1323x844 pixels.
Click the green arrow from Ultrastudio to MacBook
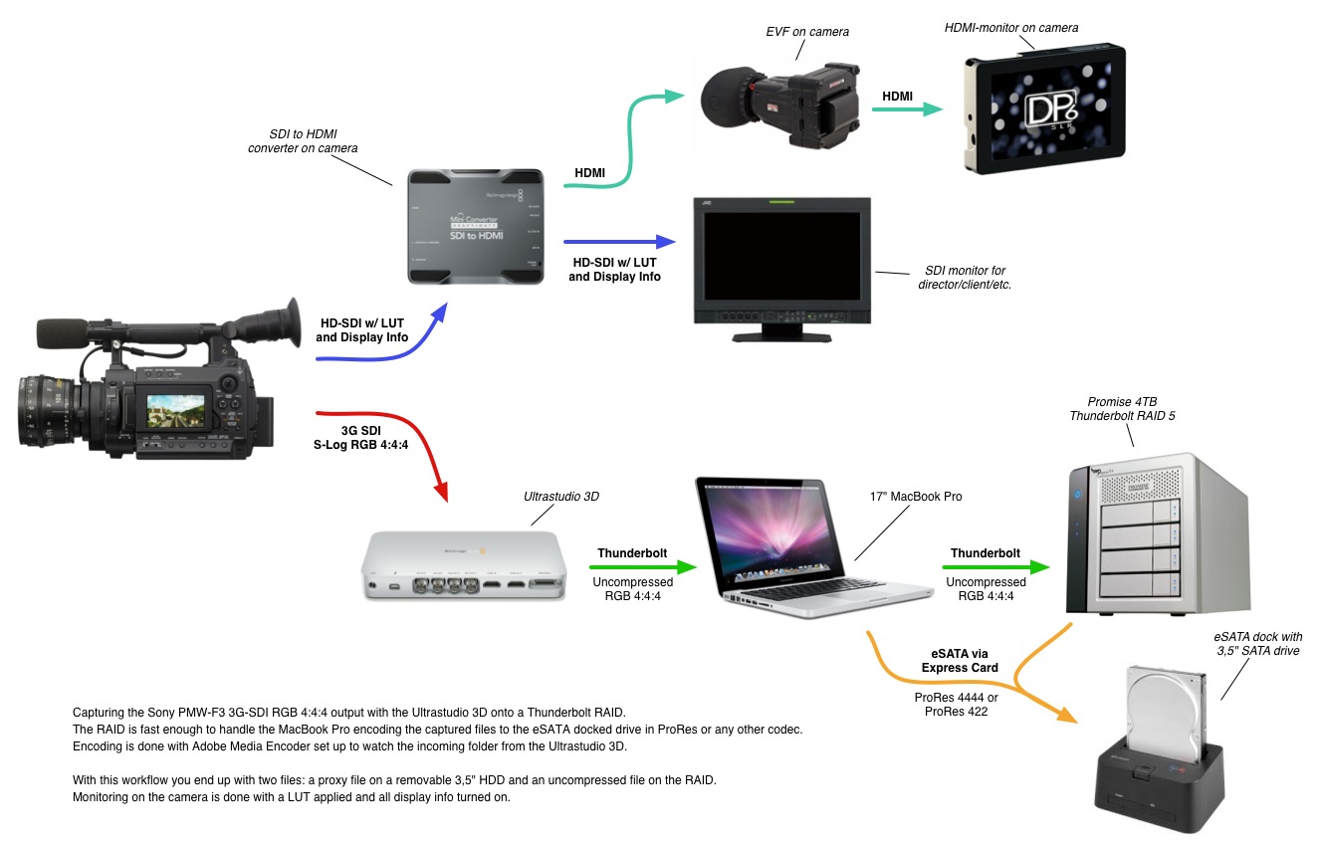[629, 567]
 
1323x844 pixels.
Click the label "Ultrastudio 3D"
[561, 496]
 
